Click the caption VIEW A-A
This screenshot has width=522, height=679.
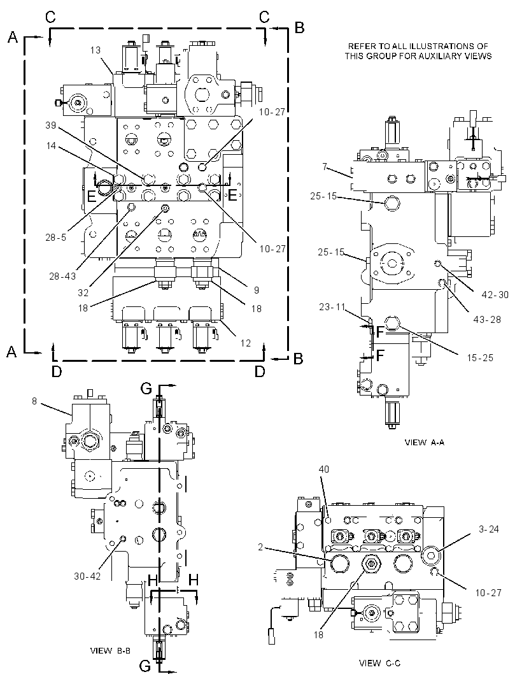coord(424,442)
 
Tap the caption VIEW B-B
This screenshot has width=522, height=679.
coord(110,650)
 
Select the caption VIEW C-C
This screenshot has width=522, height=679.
coord(379,663)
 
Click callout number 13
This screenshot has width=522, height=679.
coord(95,50)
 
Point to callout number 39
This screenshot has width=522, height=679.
coord(51,125)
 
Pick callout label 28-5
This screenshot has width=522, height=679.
coord(56,237)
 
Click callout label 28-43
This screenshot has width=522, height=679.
coord(63,275)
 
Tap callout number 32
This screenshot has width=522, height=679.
coord(83,293)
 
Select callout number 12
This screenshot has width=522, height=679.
coord(246,343)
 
